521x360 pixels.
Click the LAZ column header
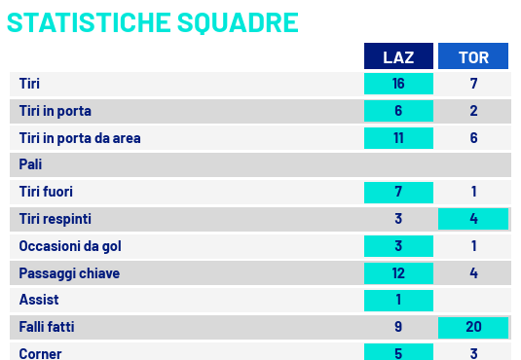[398, 56]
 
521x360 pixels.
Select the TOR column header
[473, 56]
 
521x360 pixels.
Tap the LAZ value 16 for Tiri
[398, 84]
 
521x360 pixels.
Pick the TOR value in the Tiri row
[474, 84]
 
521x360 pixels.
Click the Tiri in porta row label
[56, 111]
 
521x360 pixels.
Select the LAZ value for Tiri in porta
[398, 111]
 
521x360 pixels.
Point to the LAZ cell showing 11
[398, 138]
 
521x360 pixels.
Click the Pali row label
[30, 164]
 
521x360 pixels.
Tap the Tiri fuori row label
[46, 192]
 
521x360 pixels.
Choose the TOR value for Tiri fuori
[474, 192]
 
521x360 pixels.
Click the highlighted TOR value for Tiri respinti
[473, 219]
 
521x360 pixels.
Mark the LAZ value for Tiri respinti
[398, 219]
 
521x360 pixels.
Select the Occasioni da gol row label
[70, 246]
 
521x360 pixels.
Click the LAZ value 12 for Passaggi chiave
[398, 273]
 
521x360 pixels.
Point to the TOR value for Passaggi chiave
[474, 273]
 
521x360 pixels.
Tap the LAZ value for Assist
[398, 301]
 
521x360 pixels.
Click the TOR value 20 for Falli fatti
[473, 328]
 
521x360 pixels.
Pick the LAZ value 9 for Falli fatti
[398, 327]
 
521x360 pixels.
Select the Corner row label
[40, 354]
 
